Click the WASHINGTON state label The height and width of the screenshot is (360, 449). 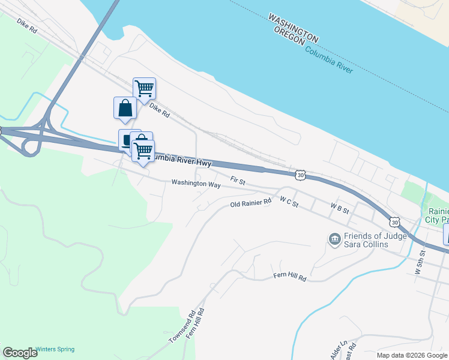(x=293, y=28)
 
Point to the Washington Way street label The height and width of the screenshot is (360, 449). (x=196, y=184)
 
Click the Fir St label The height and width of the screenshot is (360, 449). (x=238, y=180)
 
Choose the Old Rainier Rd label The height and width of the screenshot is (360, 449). (x=251, y=205)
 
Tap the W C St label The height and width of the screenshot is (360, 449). (x=289, y=205)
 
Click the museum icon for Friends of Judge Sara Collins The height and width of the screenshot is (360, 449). (x=334, y=239)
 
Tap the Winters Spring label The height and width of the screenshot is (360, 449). (x=55, y=349)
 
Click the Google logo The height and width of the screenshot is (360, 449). (x=20, y=353)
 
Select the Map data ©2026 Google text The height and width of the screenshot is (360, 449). (x=411, y=355)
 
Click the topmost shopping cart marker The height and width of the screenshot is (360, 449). (x=144, y=88)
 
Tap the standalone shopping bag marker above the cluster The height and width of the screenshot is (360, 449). (x=125, y=108)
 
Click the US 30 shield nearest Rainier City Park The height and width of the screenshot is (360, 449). (x=394, y=221)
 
